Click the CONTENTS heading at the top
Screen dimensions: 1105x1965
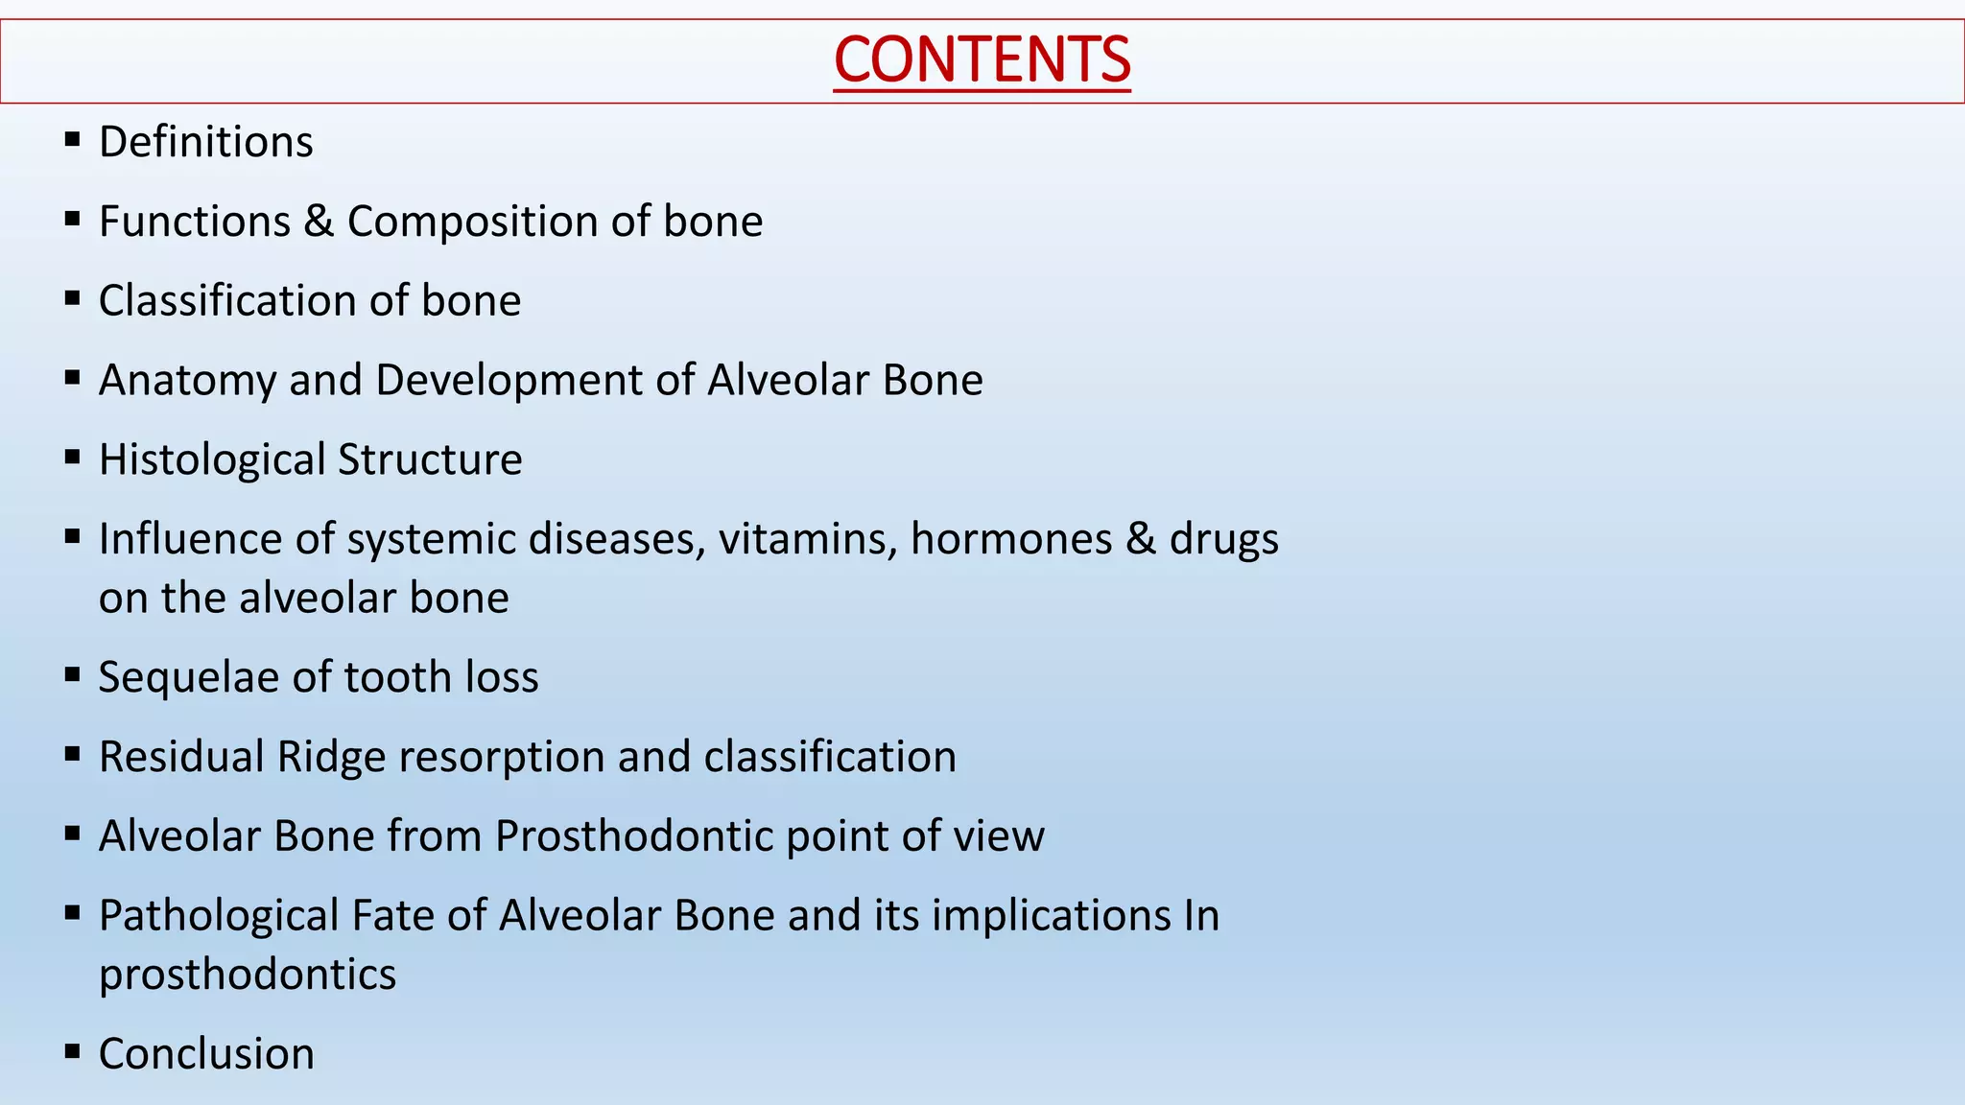[x=982, y=59]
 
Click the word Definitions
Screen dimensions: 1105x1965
[x=205, y=142]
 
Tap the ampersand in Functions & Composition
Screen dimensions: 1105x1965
[x=319, y=222]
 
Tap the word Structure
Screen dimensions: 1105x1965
[x=430, y=459]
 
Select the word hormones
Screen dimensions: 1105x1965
[x=1010, y=539]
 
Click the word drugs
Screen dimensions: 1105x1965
[x=1223, y=539]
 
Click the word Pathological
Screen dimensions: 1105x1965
[x=218, y=916]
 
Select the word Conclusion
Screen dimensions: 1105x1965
[x=206, y=1054]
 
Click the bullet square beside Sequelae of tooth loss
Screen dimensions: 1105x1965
[x=72, y=675]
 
